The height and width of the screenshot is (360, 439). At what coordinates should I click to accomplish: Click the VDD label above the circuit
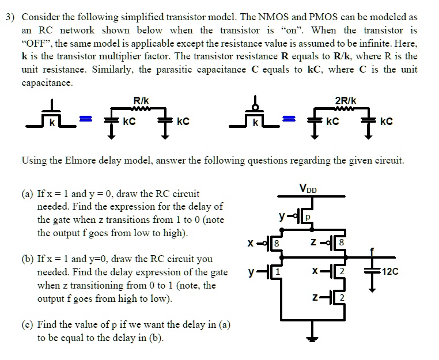[309, 188]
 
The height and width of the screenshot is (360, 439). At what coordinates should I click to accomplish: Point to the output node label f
[372, 251]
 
